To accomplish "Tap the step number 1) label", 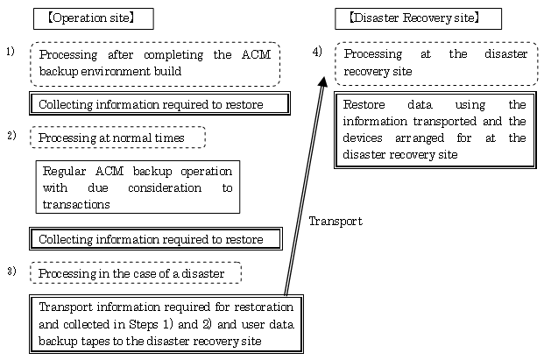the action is (11, 52).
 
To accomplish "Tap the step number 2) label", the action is (11, 135).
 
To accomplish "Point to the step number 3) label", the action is (11, 271).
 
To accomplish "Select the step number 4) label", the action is (317, 52).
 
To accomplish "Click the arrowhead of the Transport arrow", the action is (323, 81).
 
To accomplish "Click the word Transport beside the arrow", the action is (336, 222).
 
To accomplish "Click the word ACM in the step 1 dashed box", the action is (256, 54).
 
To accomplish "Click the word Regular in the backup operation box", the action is (64, 172).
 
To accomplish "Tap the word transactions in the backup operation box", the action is (76, 204).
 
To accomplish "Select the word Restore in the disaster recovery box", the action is (364, 104).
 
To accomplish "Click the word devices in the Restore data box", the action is (363, 138).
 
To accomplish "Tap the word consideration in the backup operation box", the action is (165, 187).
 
